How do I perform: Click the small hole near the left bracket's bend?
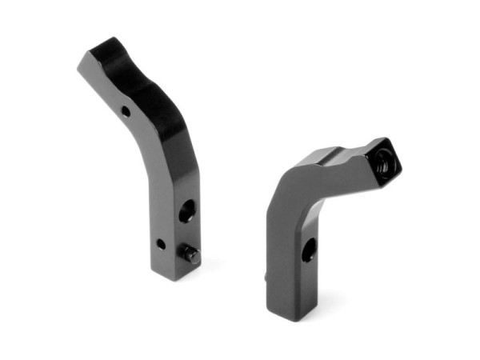tap(126, 111)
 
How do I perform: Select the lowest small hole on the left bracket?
tap(161, 243)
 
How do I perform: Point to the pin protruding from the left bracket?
tap(191, 255)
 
